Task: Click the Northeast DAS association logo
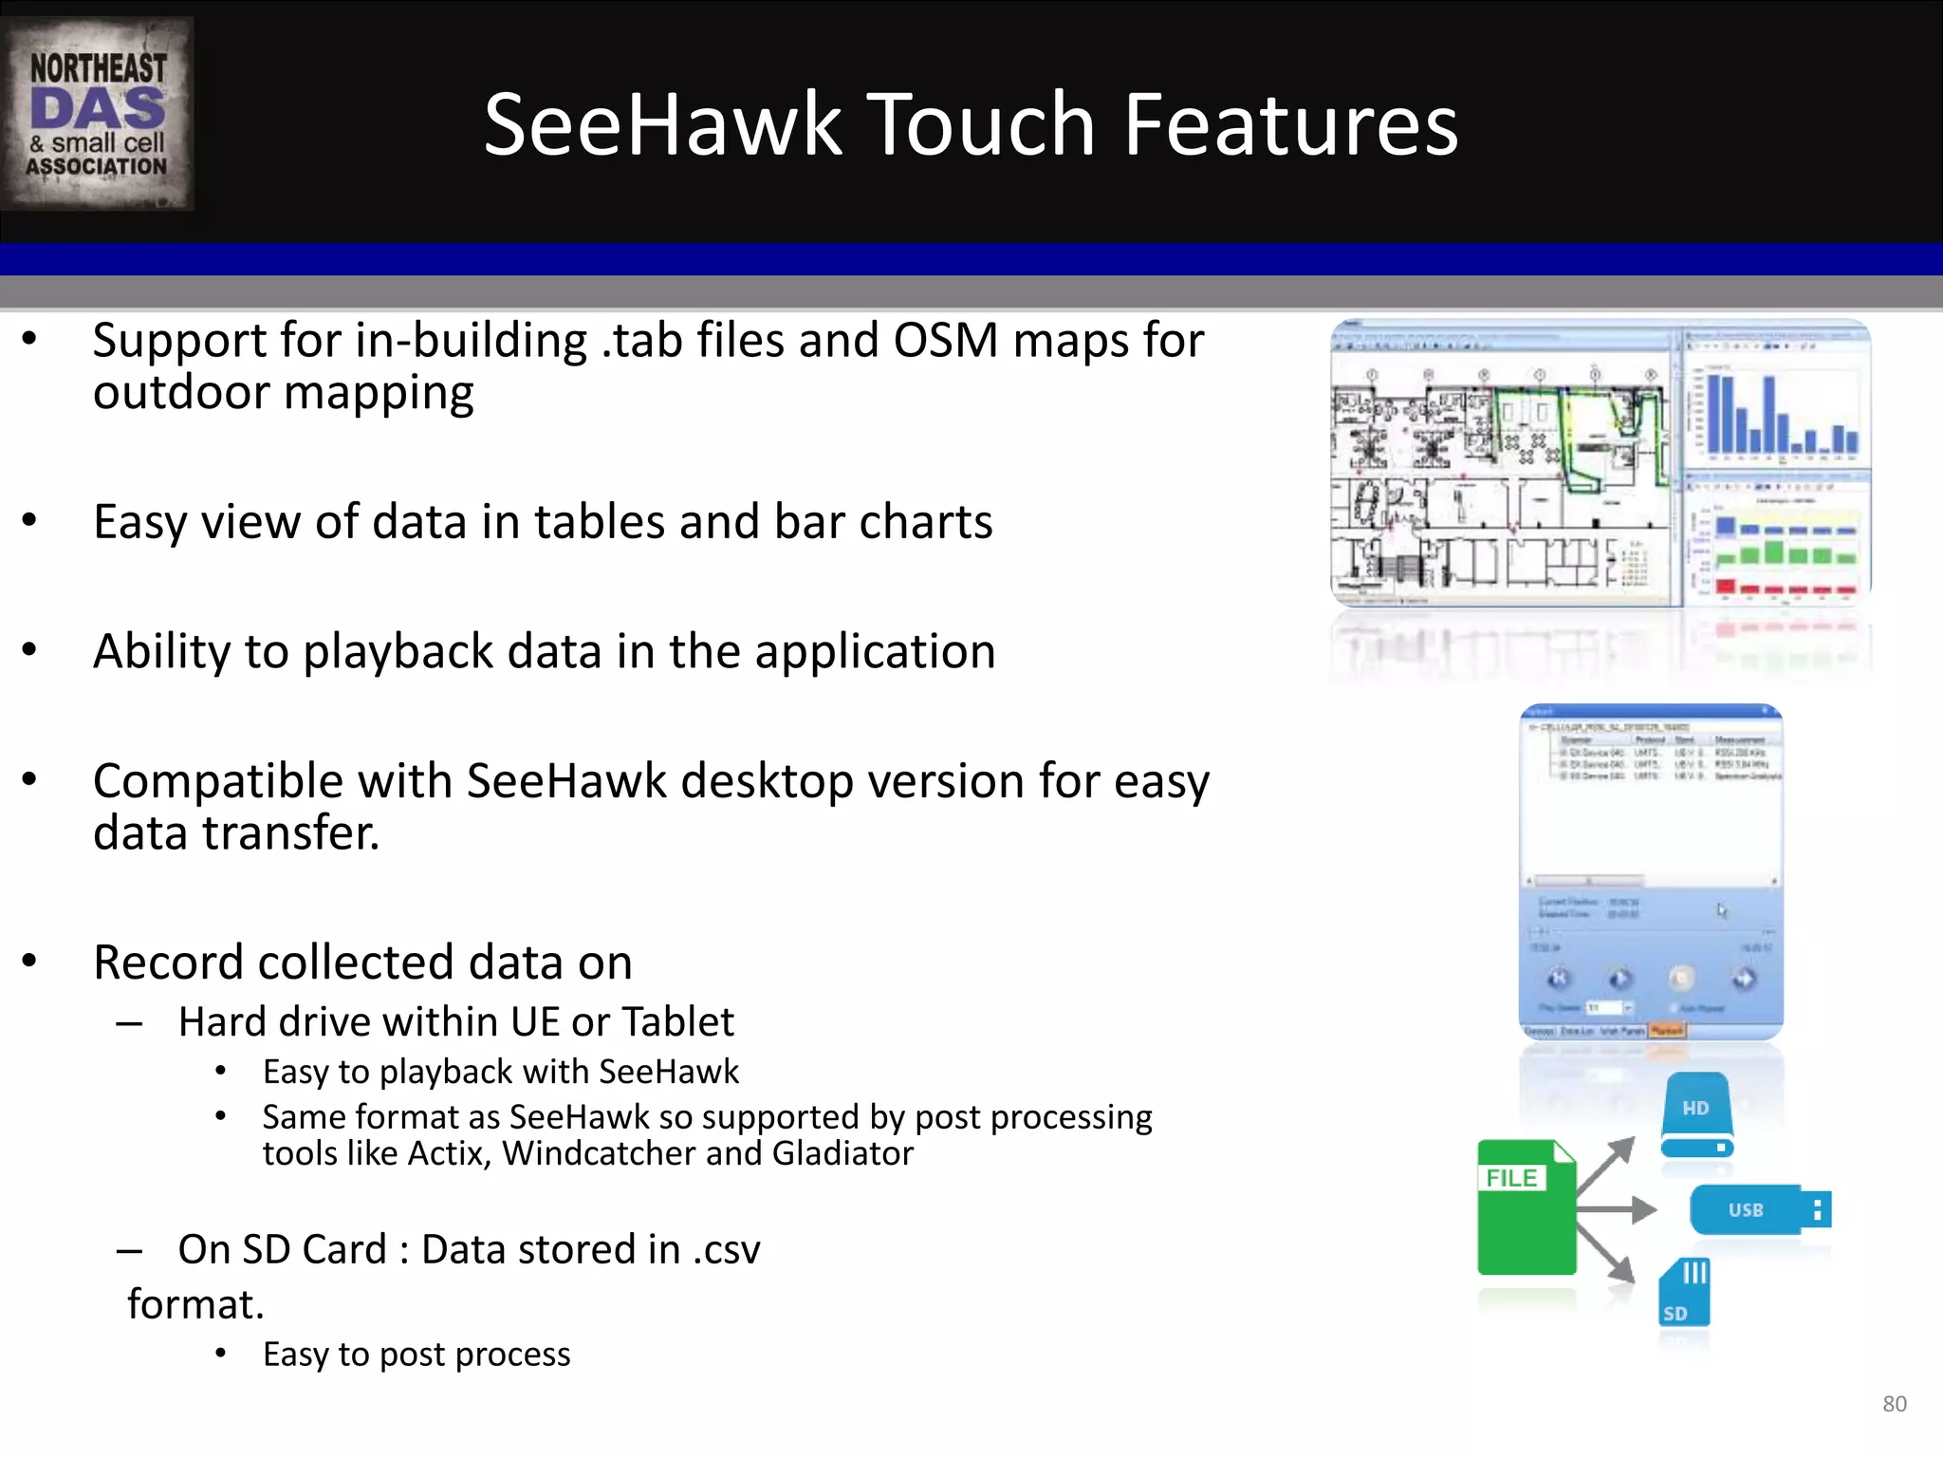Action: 98,113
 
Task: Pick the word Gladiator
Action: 842,1154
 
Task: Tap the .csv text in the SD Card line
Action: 726,1250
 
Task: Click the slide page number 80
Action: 1894,1404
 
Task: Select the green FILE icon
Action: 1526,1207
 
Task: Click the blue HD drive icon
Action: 1697,1115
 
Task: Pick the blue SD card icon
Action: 1684,1292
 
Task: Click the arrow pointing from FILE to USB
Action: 1618,1209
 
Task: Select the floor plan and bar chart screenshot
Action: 1600,463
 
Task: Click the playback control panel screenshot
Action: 1651,871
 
